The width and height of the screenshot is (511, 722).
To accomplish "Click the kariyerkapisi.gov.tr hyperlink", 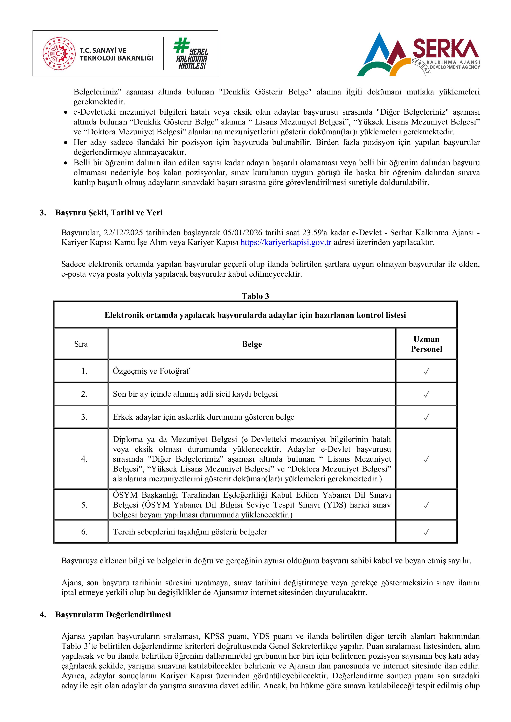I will (286, 242).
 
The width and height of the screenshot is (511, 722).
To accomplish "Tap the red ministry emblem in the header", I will (59, 54).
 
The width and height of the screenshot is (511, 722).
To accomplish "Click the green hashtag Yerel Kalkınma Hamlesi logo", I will (191, 54).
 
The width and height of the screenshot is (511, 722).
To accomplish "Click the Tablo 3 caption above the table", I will (255, 296).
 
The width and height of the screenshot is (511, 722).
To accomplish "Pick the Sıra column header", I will (81, 344).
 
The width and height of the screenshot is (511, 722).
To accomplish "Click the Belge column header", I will (252, 344).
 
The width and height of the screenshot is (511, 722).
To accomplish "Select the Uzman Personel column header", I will (426, 344).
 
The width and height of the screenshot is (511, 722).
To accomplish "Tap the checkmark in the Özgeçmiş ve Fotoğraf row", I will (426, 371).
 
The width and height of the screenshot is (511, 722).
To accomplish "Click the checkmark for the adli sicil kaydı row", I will (426, 394).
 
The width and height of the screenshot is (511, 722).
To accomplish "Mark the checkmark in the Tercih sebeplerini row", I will (426, 532).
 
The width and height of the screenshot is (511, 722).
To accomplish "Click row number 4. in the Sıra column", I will (84, 459).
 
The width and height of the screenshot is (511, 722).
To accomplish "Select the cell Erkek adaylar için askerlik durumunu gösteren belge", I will (203, 417).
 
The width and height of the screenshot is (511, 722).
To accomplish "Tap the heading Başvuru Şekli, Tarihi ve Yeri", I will (109, 213).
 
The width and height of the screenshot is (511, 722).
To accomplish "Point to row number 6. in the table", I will (84, 532).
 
